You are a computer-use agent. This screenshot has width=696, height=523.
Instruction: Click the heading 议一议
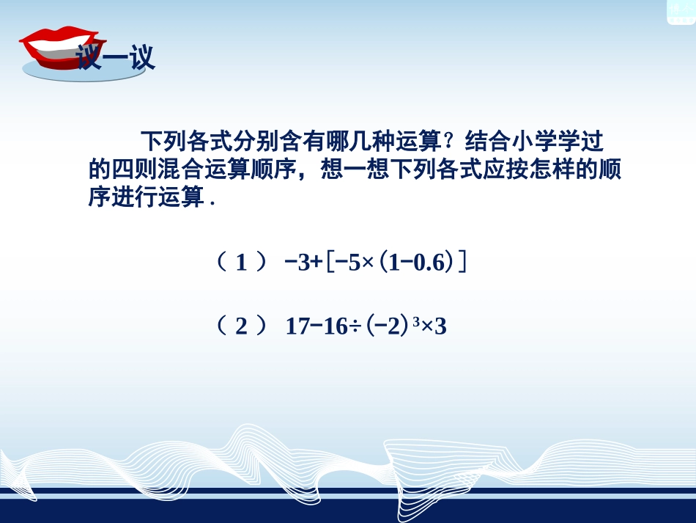(117, 59)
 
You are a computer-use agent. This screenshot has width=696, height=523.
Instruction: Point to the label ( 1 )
(241, 263)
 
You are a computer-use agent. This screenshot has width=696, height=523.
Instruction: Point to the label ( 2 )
(241, 326)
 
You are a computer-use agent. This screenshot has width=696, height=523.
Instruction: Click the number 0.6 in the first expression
(429, 263)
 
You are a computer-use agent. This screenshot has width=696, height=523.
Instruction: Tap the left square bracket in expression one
(330, 263)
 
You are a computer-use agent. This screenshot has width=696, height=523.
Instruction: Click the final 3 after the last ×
(440, 326)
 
